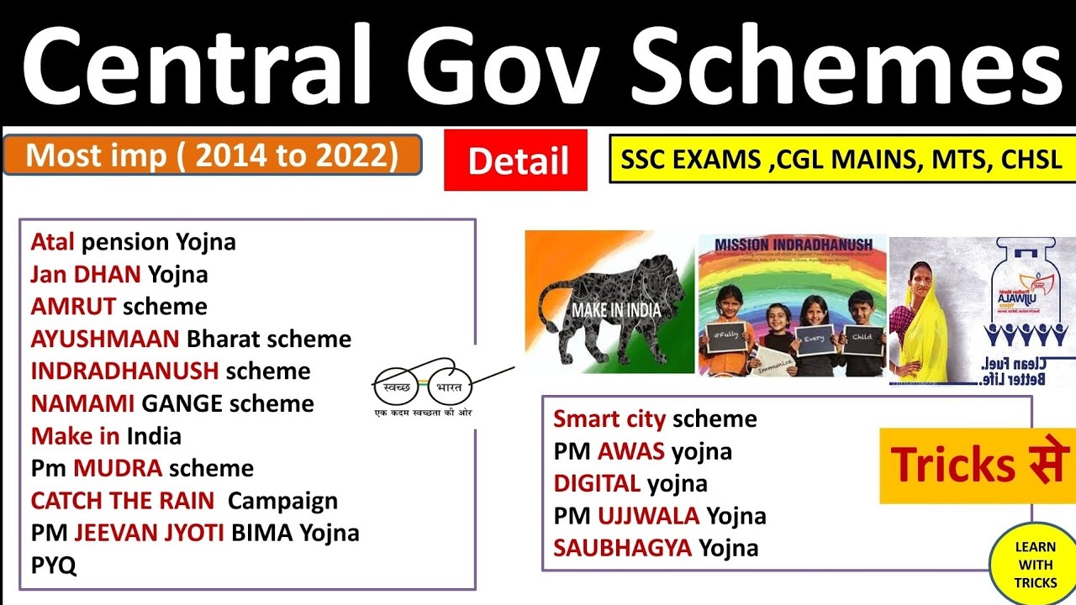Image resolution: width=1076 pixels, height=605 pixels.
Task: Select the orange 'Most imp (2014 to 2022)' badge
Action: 213,155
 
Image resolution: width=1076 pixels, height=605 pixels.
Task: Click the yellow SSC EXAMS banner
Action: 841,159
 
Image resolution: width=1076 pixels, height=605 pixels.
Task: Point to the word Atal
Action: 53,243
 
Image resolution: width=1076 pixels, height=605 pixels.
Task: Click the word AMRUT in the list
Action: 72,307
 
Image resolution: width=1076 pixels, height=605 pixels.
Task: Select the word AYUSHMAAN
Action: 105,339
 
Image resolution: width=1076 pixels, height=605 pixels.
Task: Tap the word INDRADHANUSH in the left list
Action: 124,371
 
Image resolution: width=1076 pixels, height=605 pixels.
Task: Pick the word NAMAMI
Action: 82,404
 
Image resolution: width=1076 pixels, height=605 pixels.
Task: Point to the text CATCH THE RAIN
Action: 123,501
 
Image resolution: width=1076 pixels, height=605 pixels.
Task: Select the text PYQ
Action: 54,566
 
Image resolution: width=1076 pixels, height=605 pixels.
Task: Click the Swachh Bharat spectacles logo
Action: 422,388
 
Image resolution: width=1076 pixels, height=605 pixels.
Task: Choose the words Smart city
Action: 609,419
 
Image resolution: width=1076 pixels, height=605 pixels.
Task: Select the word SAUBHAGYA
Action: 622,549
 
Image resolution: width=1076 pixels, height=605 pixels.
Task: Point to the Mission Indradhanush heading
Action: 793,245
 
